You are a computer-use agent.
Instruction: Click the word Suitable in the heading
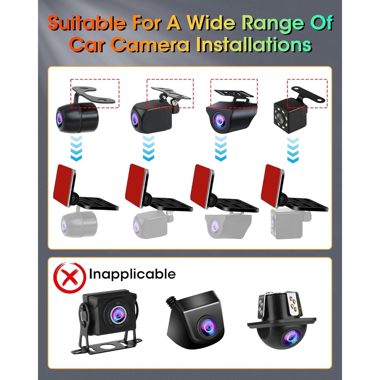tap(86, 23)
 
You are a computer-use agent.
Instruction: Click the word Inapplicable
tap(132, 274)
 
